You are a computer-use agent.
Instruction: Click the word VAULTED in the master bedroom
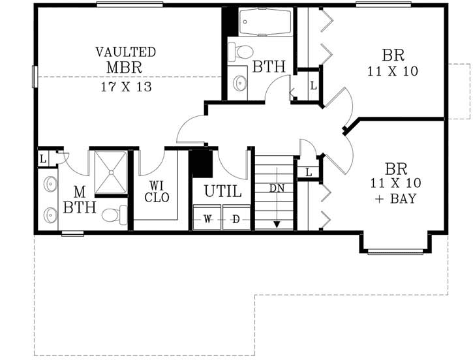(x=126, y=52)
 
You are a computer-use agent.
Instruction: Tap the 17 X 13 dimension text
(x=126, y=87)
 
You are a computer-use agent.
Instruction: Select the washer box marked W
(x=207, y=219)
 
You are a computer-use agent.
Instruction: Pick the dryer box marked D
(x=236, y=219)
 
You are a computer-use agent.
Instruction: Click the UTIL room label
(x=222, y=192)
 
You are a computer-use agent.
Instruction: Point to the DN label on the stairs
(x=277, y=187)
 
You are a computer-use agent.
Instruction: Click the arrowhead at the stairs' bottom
(x=277, y=224)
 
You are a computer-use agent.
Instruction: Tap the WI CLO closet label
(x=157, y=192)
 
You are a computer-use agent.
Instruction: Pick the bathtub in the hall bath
(x=264, y=23)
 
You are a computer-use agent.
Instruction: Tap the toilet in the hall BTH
(x=244, y=52)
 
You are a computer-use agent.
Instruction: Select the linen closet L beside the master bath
(x=43, y=158)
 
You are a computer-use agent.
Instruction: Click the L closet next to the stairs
(x=308, y=172)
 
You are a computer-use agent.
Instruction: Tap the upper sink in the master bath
(x=50, y=185)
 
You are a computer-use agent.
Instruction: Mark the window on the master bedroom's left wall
(x=35, y=76)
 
